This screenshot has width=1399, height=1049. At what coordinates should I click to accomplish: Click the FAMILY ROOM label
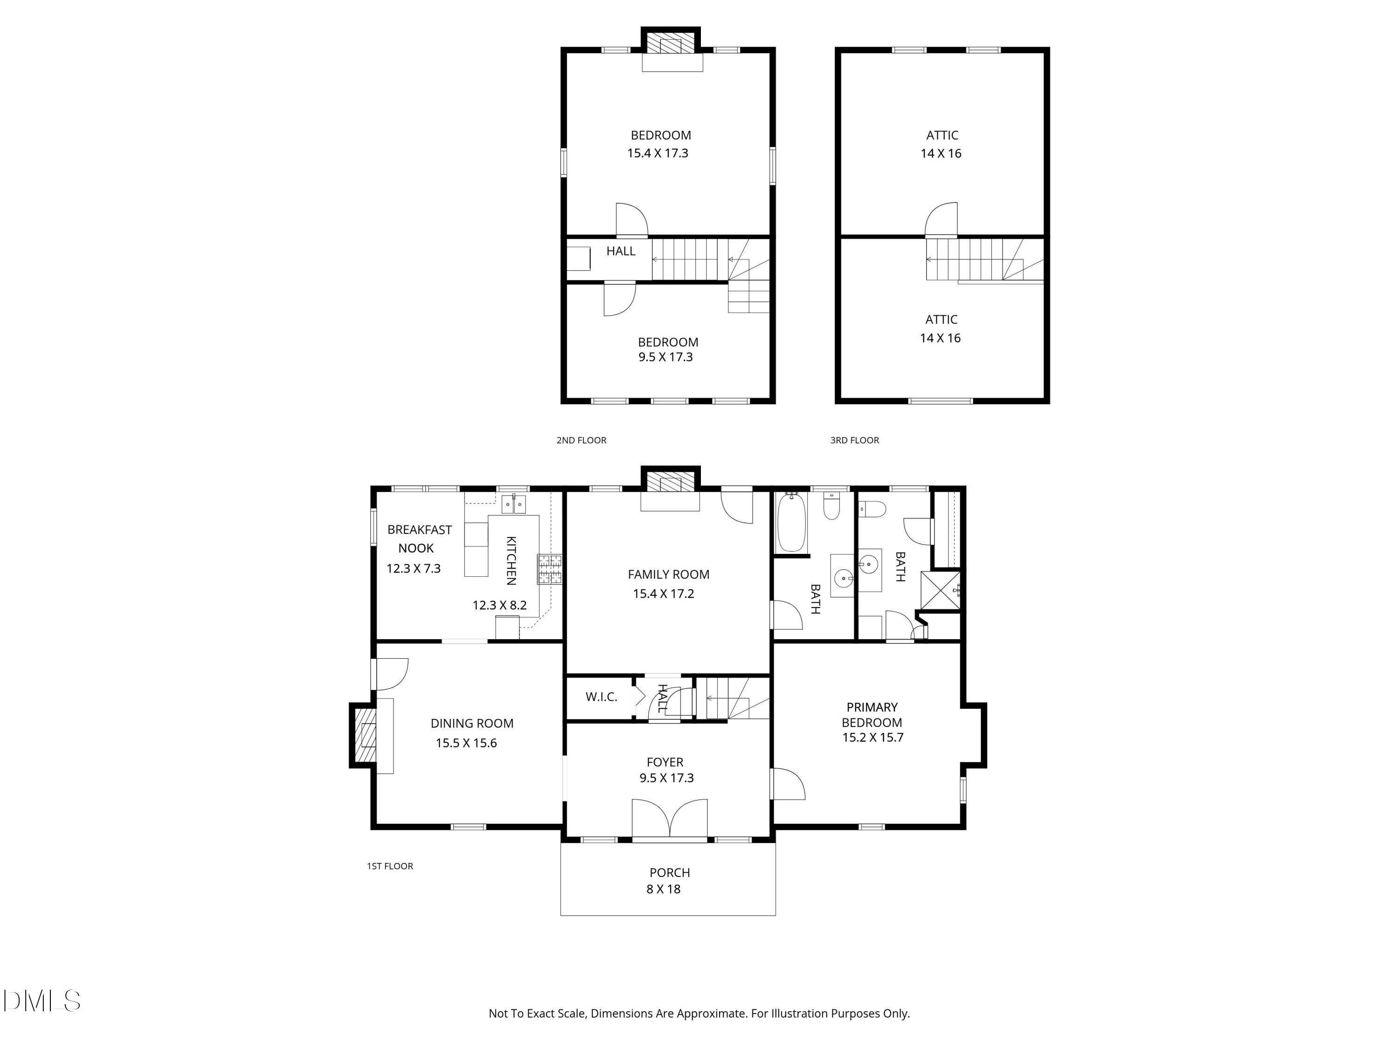pos(669,574)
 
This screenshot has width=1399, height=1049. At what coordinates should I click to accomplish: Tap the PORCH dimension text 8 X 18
pos(664,889)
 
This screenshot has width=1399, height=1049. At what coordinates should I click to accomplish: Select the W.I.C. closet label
pos(602,697)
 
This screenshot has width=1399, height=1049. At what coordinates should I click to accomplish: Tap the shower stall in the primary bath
pos(941,591)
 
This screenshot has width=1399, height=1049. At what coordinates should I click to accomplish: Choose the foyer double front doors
pos(670,820)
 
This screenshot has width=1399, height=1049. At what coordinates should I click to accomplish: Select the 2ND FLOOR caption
pos(581,440)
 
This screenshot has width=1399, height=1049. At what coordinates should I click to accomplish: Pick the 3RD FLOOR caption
pos(854,440)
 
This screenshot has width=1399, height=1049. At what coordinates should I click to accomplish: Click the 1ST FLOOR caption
pos(389,866)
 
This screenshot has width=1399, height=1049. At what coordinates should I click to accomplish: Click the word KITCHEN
pos(511,561)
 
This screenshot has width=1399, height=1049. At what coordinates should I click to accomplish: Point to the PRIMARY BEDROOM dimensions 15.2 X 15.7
pos(873,737)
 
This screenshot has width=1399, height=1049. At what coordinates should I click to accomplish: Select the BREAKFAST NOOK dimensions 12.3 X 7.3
pos(414,568)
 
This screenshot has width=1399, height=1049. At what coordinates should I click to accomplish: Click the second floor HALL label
pos(621,251)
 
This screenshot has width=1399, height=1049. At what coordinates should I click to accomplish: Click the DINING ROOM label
pos(472,724)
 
